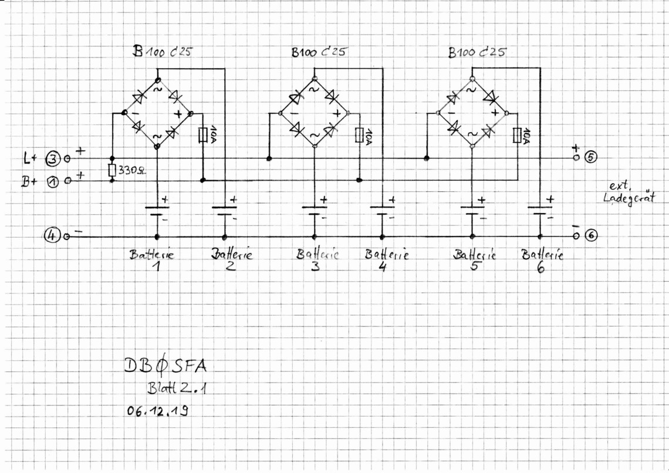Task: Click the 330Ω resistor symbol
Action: pyautogui.click(x=112, y=170)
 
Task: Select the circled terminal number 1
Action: pyautogui.click(x=52, y=182)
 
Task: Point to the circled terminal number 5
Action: pyautogui.click(x=590, y=157)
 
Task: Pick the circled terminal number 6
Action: pyautogui.click(x=591, y=235)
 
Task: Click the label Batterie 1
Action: pyautogui.click(x=153, y=259)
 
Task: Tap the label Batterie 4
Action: pyautogui.click(x=387, y=259)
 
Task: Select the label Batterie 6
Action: pyautogui.click(x=542, y=260)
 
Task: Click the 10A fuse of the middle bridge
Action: pyautogui.click(x=359, y=135)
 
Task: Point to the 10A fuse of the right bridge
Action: pyautogui.click(x=517, y=135)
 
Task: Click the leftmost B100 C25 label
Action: pyautogui.click(x=162, y=52)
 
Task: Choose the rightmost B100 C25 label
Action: pyautogui.click(x=477, y=52)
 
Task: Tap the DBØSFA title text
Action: pyautogui.click(x=165, y=366)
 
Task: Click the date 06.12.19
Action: pyautogui.click(x=158, y=411)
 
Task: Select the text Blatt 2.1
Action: pyautogui.click(x=177, y=388)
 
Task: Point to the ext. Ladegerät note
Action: pyautogui.click(x=629, y=193)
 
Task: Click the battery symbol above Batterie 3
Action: pyautogui.click(x=315, y=211)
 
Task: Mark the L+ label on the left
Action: pyautogui.click(x=31, y=158)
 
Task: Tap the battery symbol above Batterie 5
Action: pyautogui.click(x=472, y=211)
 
